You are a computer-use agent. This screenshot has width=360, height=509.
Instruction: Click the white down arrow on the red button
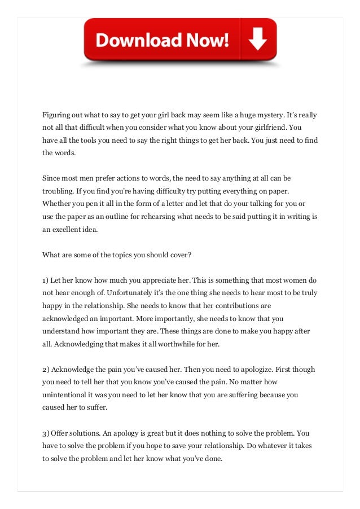[x=257, y=40]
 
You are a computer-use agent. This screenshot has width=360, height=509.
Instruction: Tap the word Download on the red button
[x=131, y=41]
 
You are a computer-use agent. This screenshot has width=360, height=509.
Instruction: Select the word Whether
[x=58, y=203]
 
